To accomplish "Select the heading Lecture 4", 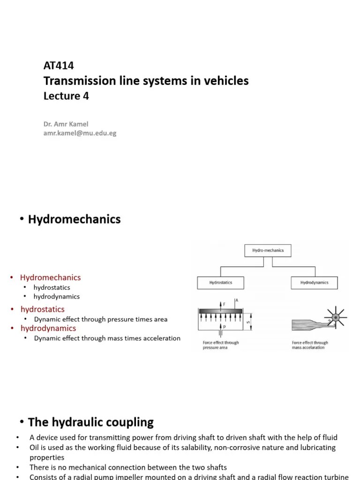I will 66,96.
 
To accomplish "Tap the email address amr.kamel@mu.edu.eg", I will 80,133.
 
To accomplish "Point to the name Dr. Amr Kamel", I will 66,124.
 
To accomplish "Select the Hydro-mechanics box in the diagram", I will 268,251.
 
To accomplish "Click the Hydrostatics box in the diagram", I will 220,283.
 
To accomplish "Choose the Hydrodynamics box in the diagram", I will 314,283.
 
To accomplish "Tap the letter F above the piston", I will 225,304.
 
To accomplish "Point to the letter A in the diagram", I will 237,300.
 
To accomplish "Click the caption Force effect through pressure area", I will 220,345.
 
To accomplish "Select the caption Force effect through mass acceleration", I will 310,345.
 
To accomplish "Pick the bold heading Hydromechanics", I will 74,219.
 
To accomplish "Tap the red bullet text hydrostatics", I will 42,309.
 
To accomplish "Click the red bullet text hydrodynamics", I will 48,328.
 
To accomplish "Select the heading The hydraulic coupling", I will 91,422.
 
